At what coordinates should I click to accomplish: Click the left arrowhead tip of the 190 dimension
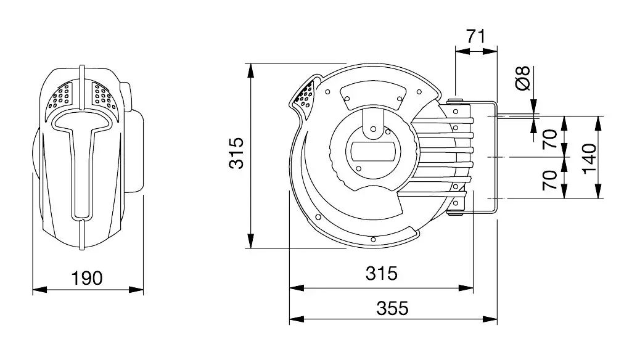33,290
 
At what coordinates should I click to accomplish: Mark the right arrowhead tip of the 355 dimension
497,319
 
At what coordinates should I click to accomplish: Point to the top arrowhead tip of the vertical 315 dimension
250,63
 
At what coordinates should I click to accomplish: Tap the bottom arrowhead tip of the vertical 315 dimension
250,248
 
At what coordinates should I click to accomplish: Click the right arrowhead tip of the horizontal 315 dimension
473,288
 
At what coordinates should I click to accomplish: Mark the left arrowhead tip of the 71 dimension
455,51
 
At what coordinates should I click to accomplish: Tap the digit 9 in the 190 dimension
86,278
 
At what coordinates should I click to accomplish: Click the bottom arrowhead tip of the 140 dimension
597,198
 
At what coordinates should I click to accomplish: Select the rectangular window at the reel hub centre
372,152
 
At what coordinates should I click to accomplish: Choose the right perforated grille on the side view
104,96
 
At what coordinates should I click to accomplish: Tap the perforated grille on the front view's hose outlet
305,97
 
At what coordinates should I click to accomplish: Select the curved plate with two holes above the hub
373,96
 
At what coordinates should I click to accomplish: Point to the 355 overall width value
392,308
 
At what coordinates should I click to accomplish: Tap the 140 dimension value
589,158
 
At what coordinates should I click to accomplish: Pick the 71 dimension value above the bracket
476,36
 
